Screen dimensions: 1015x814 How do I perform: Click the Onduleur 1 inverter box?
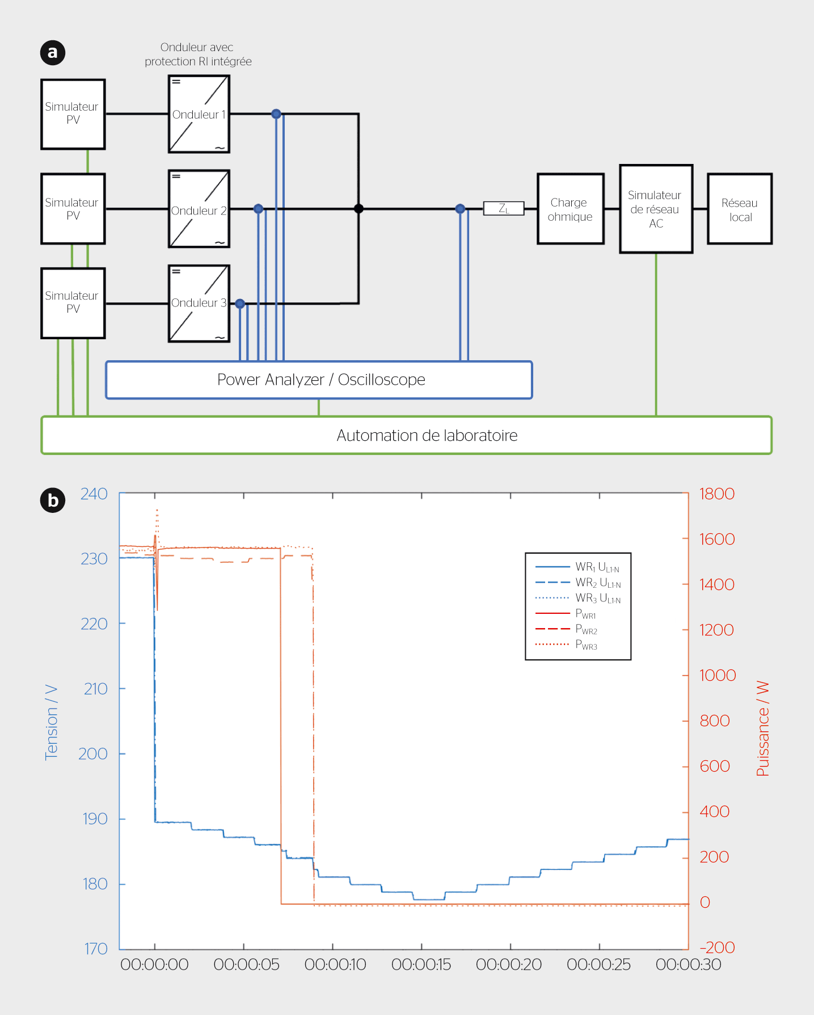tap(199, 114)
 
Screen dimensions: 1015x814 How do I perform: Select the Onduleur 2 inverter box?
tap(199, 209)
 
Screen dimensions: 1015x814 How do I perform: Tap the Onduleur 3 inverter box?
tap(199, 304)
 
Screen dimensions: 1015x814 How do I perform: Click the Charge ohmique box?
tap(570, 209)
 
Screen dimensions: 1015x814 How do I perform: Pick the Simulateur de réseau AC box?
tap(656, 209)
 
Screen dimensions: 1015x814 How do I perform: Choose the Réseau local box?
tap(739, 209)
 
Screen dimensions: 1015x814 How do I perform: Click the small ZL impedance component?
tap(503, 209)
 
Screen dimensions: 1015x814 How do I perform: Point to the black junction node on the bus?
tap(359, 209)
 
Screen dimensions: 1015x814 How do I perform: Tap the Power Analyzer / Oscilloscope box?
tap(319, 380)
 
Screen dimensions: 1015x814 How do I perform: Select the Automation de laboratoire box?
tap(406, 435)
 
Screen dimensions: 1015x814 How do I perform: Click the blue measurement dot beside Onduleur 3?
tap(240, 304)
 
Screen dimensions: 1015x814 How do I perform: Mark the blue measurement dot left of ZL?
tap(460, 209)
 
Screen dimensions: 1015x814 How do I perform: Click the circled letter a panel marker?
tap(53, 53)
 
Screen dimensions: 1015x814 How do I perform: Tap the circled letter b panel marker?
tap(53, 500)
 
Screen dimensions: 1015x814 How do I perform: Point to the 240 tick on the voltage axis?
tap(94, 494)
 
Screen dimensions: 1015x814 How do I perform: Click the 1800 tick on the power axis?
tap(717, 494)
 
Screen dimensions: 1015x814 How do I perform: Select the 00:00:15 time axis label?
tap(421, 965)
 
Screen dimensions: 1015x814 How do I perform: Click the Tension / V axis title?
tap(51, 722)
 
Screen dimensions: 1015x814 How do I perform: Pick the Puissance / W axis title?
tap(763, 728)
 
